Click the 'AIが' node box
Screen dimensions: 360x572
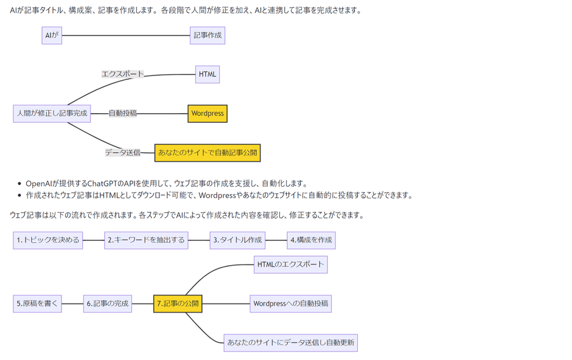tap(52, 35)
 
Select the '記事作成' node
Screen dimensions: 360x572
tap(208, 35)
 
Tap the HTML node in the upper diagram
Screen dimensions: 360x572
tap(208, 74)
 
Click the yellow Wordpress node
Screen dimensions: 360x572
tap(208, 113)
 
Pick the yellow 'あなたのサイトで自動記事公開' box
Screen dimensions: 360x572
tap(208, 153)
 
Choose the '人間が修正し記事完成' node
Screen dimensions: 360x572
tap(52, 113)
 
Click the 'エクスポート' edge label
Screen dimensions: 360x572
tap(122, 74)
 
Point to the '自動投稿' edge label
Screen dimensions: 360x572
tap(122, 113)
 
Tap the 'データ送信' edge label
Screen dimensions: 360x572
tap(122, 153)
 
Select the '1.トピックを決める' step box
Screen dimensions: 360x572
tap(48, 240)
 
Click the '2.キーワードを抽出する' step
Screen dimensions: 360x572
tap(146, 240)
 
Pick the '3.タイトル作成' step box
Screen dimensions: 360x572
tap(237, 240)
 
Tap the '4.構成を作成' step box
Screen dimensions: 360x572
tap(311, 240)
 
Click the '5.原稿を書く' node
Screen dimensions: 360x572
tap(38, 303)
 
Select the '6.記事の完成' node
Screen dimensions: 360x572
tap(108, 303)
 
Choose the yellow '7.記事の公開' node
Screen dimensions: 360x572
tap(178, 303)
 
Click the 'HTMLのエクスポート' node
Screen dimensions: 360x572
tap(290, 265)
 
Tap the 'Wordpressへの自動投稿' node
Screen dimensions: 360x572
tap(290, 303)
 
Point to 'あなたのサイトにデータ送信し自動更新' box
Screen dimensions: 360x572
tap(290, 342)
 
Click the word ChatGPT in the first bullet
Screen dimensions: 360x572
tap(103, 184)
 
